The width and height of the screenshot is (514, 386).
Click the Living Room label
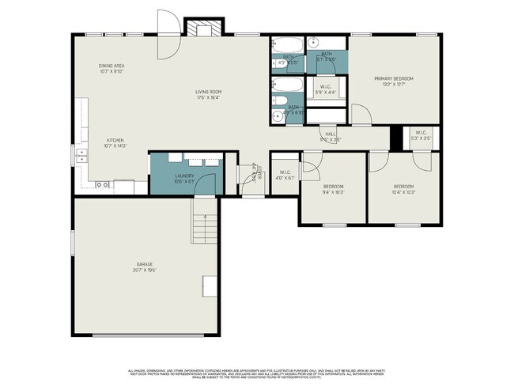(x=208, y=92)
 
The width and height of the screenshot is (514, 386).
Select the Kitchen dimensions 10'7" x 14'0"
(x=115, y=146)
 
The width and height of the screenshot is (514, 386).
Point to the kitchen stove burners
(x=102, y=184)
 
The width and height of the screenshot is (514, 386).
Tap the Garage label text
(x=144, y=264)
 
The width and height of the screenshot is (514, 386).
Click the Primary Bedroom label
(x=394, y=78)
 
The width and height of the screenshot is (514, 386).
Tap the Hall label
(x=331, y=134)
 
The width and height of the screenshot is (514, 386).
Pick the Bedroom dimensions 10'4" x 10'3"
(x=403, y=192)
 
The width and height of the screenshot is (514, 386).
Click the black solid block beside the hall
(x=396, y=137)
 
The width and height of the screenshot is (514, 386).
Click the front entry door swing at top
(x=167, y=36)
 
